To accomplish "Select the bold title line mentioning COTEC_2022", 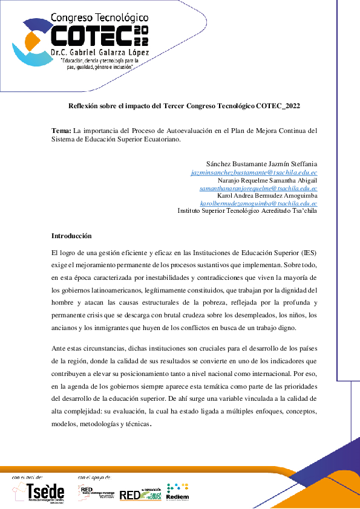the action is tap(184, 105).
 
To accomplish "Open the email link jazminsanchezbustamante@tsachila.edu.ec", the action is tap(254, 172).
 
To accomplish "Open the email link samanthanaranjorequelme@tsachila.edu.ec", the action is tap(258, 188).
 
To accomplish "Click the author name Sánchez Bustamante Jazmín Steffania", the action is tap(261, 164).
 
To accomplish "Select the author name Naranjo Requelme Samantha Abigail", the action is tap(267, 180).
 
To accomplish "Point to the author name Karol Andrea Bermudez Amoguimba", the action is tap(267, 196).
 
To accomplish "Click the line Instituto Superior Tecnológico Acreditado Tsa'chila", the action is tap(247, 212).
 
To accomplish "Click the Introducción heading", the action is tap(71, 235).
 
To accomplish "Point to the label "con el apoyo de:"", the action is tap(94, 478).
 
